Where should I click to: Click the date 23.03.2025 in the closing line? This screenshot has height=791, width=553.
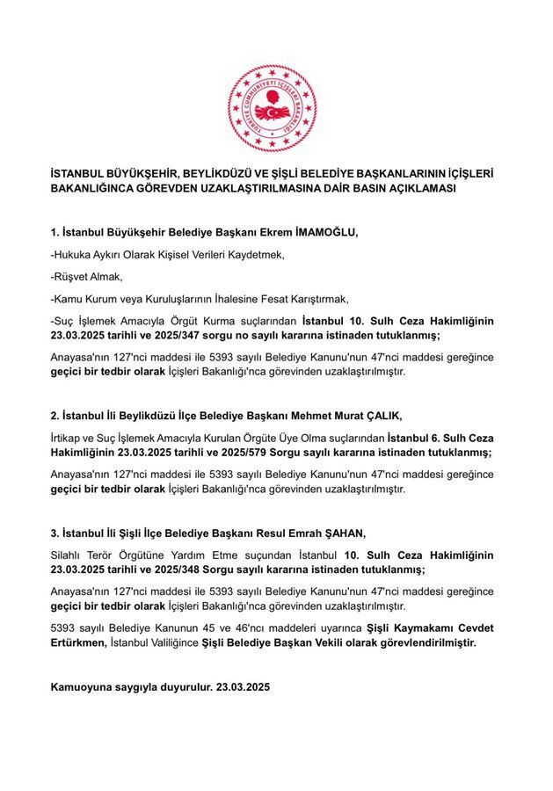pyautogui.click(x=244, y=687)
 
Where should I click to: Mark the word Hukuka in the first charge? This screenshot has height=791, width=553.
pyautogui.click(x=74, y=254)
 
